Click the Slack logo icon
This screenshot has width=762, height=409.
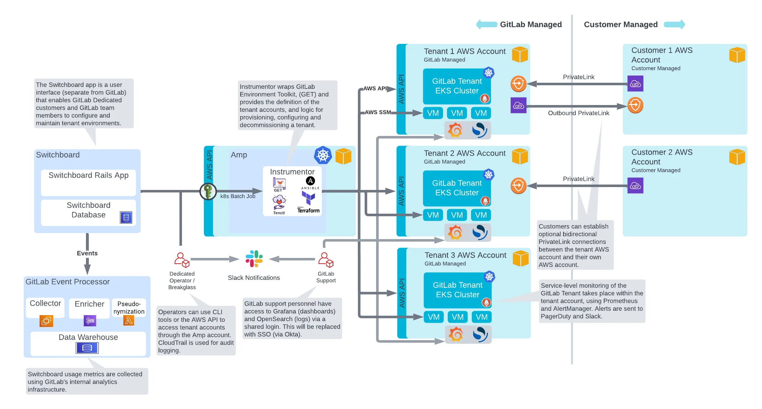click(254, 259)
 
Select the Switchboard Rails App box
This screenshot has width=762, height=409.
click(88, 182)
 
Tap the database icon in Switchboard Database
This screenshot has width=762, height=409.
click(126, 218)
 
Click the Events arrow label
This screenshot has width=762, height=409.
click(87, 253)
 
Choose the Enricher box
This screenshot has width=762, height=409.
click(89, 308)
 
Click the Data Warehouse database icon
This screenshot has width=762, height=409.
click(87, 348)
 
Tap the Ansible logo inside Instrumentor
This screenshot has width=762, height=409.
click(310, 183)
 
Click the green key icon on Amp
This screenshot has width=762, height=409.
click(208, 191)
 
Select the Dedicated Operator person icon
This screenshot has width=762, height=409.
click(182, 260)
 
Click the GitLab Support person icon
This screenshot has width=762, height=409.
click(326, 260)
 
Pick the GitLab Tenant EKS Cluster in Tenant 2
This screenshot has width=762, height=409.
click(457, 188)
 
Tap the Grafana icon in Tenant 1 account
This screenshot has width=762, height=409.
click(455, 130)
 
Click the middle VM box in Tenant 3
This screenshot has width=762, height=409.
click(457, 317)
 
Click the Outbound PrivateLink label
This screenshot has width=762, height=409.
click(578, 113)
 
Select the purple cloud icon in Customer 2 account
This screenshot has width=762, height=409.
click(635, 186)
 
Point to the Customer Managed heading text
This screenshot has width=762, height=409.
click(620, 24)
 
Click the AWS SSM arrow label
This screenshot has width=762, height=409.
click(378, 112)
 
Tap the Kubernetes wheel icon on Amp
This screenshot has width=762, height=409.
click(323, 155)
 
